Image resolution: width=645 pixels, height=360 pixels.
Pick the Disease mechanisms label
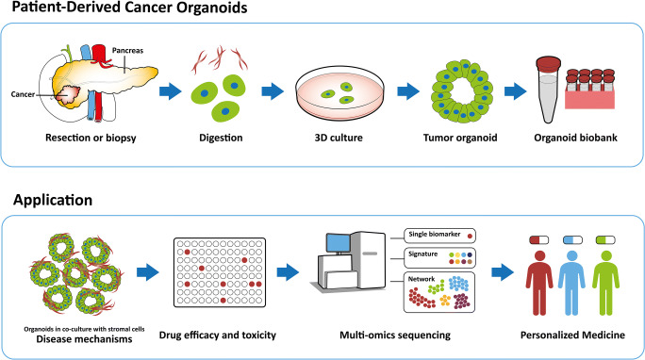65,342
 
